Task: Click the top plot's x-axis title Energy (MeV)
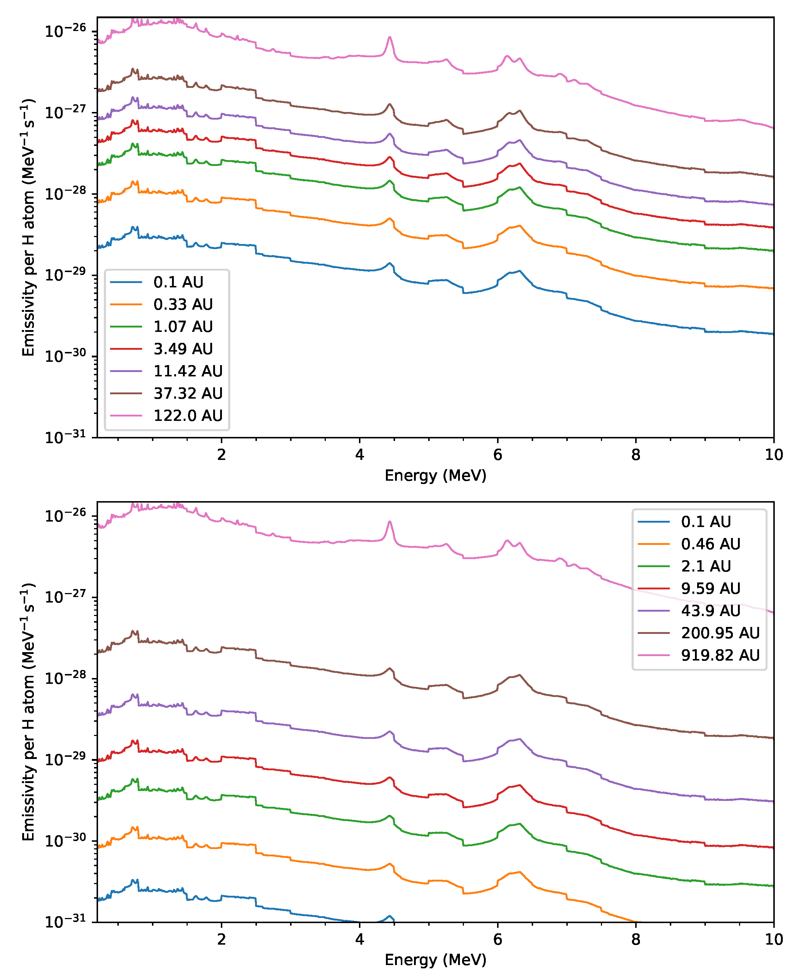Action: (435, 475)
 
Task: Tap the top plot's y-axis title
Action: (28, 227)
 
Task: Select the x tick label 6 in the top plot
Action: (497, 455)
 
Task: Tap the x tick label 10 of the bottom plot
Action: (774, 940)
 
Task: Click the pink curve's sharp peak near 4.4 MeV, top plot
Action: (390, 38)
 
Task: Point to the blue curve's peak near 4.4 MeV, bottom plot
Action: (390, 916)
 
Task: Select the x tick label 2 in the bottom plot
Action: (222, 940)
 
